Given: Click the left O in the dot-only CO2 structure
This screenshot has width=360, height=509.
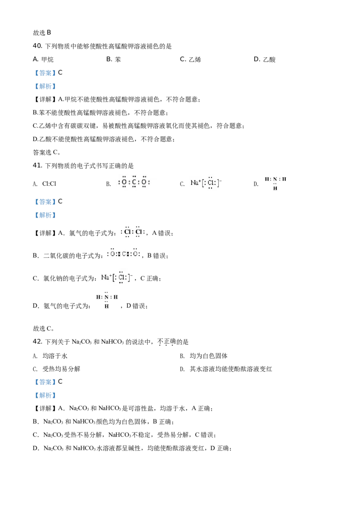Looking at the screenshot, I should coord(124,183).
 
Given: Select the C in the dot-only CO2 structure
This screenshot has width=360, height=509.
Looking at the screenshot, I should coord(134,183).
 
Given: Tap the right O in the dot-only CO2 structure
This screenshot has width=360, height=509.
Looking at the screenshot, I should coord(144,183).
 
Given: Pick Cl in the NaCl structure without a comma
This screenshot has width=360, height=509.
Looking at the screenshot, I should coord(211,183).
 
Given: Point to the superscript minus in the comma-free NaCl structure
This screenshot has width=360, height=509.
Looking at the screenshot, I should coord(220,179).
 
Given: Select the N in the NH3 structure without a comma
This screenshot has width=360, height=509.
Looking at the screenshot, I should coord(275,179).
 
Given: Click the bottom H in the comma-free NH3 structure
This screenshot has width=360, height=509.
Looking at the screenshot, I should coord(275,188).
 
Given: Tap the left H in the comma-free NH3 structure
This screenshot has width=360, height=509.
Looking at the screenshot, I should coord(267,179).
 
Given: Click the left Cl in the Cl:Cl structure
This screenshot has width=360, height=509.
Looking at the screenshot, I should coord(127,232).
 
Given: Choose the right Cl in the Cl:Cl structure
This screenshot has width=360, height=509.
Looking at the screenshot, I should coord(139,232).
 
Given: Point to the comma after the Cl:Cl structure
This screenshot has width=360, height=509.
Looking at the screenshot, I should coord(147,234).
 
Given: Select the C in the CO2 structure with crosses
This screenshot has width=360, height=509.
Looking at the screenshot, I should coord(124,254).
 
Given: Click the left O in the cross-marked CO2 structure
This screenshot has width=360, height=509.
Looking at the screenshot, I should coord(112,254).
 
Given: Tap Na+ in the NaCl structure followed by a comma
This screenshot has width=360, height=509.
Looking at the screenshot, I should coord(106,277).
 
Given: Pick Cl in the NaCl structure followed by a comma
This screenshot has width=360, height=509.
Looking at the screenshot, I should coord(121,277).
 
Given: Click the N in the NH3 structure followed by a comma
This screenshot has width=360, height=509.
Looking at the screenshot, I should coord(107,297).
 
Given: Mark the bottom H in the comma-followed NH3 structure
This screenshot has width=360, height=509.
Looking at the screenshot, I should coord(107,306).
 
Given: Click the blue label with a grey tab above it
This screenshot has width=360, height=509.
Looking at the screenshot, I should coord(45,215).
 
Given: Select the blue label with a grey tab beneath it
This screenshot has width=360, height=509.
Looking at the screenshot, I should coord(45,382).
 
